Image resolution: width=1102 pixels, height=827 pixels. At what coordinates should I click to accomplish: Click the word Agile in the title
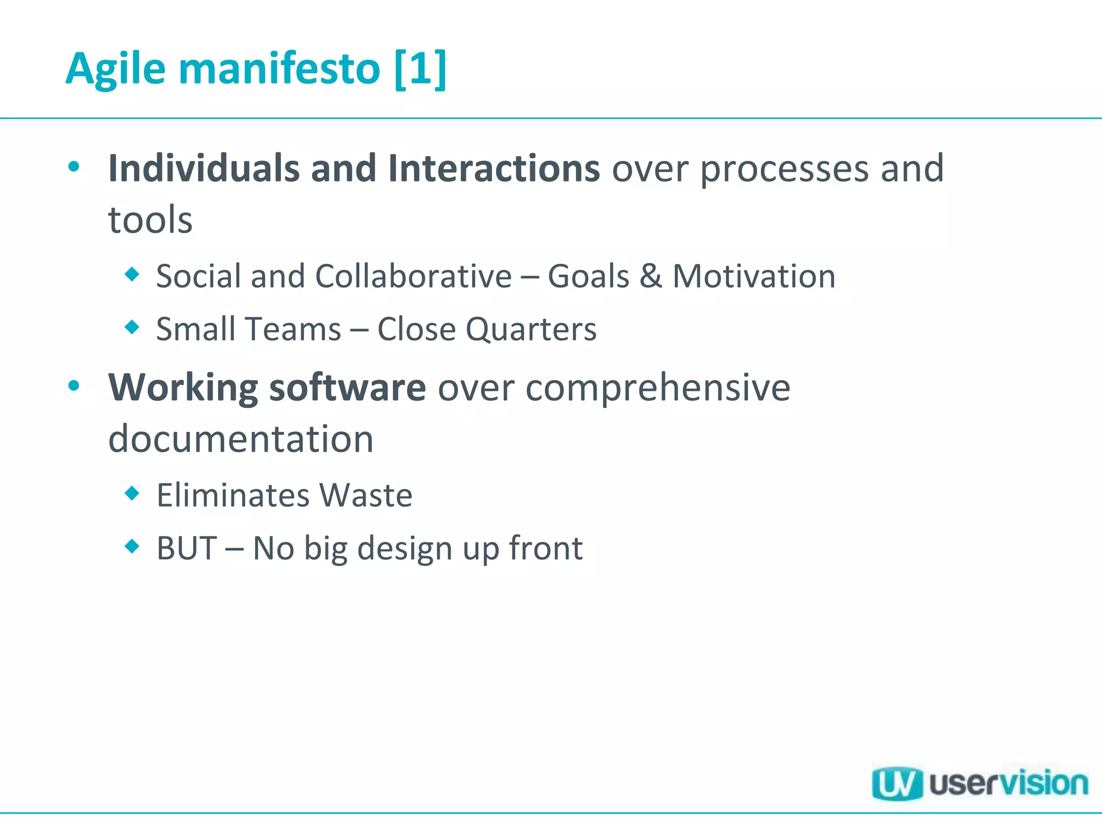[115, 69]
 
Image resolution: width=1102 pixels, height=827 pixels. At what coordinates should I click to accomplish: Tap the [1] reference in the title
[420, 69]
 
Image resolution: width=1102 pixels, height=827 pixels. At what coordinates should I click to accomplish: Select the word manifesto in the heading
[279, 69]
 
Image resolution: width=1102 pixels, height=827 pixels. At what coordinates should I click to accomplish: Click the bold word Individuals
[203, 169]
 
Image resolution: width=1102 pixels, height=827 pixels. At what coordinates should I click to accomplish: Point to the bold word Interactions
[493, 169]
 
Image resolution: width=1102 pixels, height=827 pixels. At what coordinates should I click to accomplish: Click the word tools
[150, 220]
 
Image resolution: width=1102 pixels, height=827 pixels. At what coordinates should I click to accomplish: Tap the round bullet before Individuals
[74, 166]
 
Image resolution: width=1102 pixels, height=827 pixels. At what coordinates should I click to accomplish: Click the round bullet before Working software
[74, 386]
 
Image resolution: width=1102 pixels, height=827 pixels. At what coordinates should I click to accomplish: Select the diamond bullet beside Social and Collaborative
[132, 275]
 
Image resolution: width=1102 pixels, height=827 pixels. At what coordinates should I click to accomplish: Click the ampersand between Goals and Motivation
[650, 276]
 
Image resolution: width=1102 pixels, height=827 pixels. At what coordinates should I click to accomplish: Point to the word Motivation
[754, 276]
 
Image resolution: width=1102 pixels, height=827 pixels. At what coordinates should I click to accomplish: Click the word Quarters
[531, 330]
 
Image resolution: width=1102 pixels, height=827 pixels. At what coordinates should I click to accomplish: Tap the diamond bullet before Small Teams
[132, 327]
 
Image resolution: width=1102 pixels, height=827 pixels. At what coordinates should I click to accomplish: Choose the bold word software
[348, 388]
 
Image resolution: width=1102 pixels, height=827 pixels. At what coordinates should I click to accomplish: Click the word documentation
[241, 439]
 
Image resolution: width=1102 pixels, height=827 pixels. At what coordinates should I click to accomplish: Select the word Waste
[366, 495]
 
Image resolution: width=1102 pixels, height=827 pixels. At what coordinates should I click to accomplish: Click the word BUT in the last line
[186, 548]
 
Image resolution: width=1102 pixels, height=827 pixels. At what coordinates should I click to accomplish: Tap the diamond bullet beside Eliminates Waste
[132, 493]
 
